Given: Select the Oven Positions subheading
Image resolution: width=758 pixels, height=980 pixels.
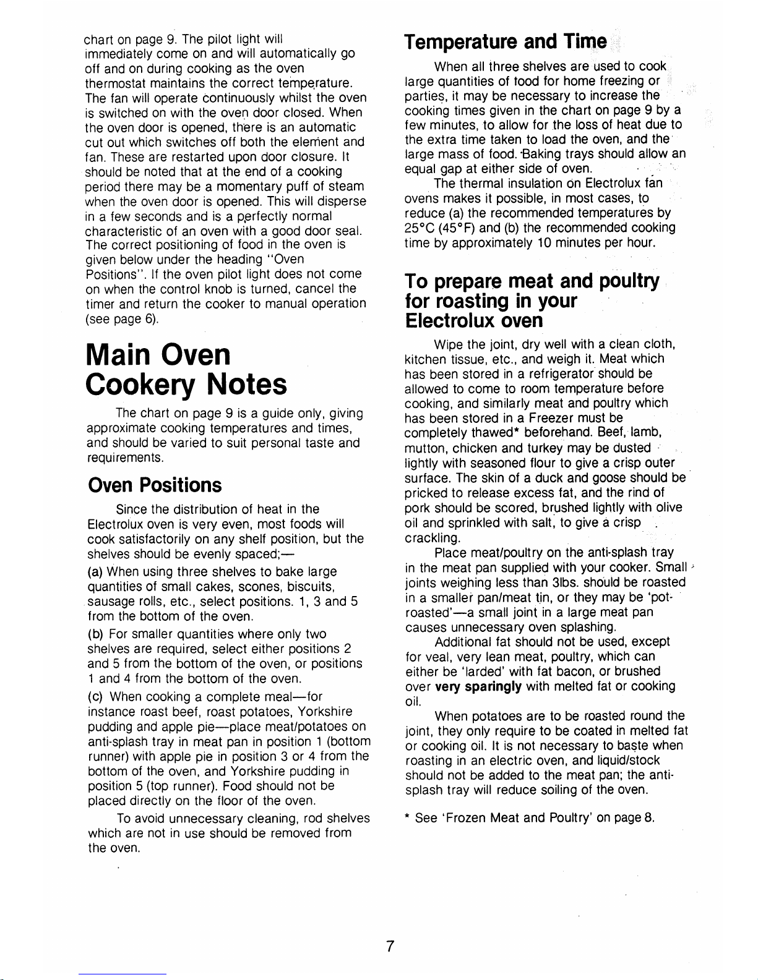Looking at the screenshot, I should pos(154,485).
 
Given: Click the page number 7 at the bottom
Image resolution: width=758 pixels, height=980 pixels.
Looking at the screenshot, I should pos(390,947).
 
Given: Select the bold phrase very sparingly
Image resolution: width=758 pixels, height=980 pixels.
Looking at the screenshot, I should pos(478,686).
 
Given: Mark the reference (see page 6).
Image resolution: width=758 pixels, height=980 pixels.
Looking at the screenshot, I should pos(122,319).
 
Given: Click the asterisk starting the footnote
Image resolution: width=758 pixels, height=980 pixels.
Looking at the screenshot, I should pos(408,819).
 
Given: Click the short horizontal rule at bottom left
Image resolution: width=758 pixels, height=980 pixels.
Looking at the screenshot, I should pos(123,974).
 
